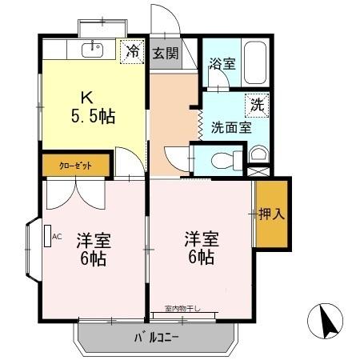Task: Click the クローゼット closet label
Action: [x=75, y=165]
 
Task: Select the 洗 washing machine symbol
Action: [x=257, y=104]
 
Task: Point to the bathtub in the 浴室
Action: [x=254, y=58]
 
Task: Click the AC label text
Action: [x=57, y=237]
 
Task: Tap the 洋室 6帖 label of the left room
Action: [x=93, y=249]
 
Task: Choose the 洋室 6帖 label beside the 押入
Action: [x=201, y=246]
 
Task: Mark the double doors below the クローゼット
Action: [x=75, y=192]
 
